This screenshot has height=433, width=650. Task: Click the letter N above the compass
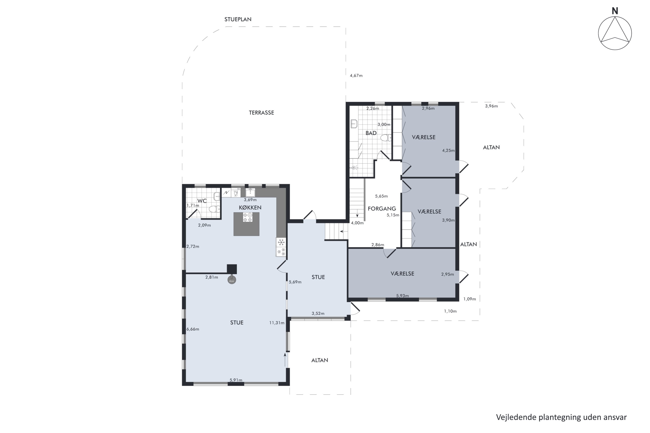tap(615, 11)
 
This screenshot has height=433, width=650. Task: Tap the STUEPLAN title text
tap(238, 19)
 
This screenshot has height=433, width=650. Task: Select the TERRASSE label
tap(262, 113)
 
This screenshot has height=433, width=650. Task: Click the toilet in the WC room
tap(214, 209)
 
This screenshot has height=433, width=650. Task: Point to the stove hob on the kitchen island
tap(247, 217)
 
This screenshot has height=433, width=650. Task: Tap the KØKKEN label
tap(250, 207)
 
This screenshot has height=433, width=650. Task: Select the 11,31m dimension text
tap(277, 323)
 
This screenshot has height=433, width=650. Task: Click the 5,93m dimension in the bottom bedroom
tap(402, 296)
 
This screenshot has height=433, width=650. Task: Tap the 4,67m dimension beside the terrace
tap(356, 75)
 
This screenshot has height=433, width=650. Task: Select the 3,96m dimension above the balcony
tap(491, 106)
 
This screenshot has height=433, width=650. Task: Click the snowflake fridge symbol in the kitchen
tap(281, 242)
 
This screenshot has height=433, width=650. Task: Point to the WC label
tap(202, 201)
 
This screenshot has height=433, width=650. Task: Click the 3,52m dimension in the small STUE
tap(318, 313)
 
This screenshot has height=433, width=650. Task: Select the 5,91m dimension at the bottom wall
tap(236, 380)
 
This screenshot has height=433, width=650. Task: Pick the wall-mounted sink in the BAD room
tap(354, 124)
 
